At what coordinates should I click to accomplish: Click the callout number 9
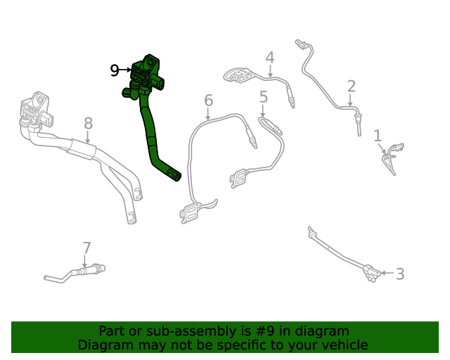(x=115, y=70)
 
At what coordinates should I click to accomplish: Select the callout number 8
(x=88, y=124)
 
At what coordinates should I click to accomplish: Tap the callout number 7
(x=86, y=248)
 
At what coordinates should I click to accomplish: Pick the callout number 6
(x=208, y=101)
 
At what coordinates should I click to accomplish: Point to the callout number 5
(x=263, y=97)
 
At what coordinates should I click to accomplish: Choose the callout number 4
(x=269, y=58)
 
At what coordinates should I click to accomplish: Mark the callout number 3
(x=399, y=274)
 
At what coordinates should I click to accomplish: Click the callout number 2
(x=351, y=86)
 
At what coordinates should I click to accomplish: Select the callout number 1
(x=378, y=136)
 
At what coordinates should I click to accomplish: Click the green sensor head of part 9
(x=146, y=73)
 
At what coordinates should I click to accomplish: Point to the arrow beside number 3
(x=386, y=273)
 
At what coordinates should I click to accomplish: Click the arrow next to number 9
(x=127, y=70)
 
